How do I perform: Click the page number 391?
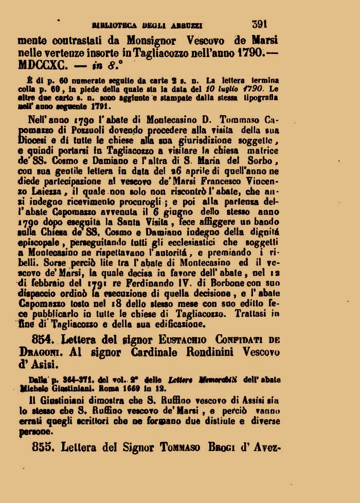click(261, 24)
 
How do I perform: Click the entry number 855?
click(43, 447)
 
